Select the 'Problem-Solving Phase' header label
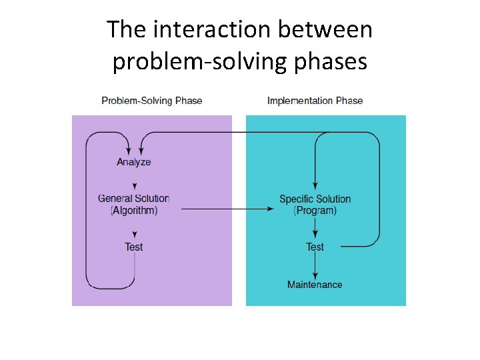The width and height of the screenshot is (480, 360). (152, 101)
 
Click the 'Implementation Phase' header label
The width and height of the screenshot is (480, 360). (315, 101)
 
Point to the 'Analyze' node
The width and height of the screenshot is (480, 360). (134, 162)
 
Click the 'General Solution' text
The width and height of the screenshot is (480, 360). (134, 198)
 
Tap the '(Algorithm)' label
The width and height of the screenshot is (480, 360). (134, 210)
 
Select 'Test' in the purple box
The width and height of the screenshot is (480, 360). (134, 247)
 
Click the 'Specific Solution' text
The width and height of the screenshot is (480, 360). (315, 199)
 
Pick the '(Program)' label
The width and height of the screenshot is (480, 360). (315, 211)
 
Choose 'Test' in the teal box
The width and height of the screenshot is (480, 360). (315, 247)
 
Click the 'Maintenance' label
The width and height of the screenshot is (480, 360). (315, 285)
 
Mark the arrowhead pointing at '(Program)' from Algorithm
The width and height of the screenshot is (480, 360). (271, 209)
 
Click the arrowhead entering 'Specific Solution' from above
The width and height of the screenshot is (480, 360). (315, 188)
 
